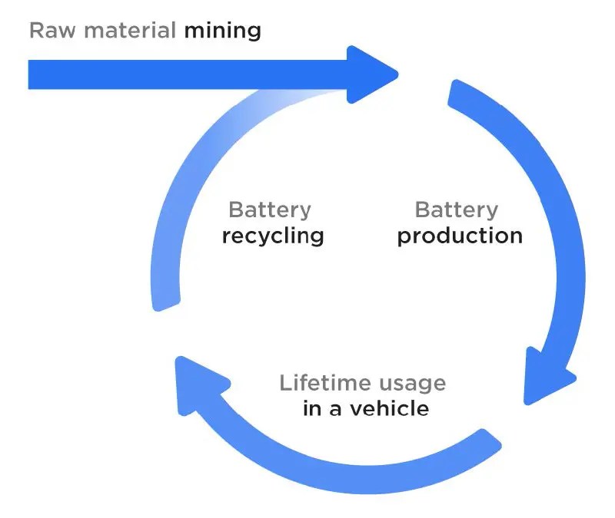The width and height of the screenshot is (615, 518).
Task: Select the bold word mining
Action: tap(222, 31)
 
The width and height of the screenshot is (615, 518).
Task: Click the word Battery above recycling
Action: tap(270, 210)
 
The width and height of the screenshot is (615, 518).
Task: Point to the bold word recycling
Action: tap(273, 236)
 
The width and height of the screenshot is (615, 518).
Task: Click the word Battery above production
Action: tap(457, 210)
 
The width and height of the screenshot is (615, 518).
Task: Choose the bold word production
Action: tap(460, 236)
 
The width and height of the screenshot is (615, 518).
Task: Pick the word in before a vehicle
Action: tap(312, 408)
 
